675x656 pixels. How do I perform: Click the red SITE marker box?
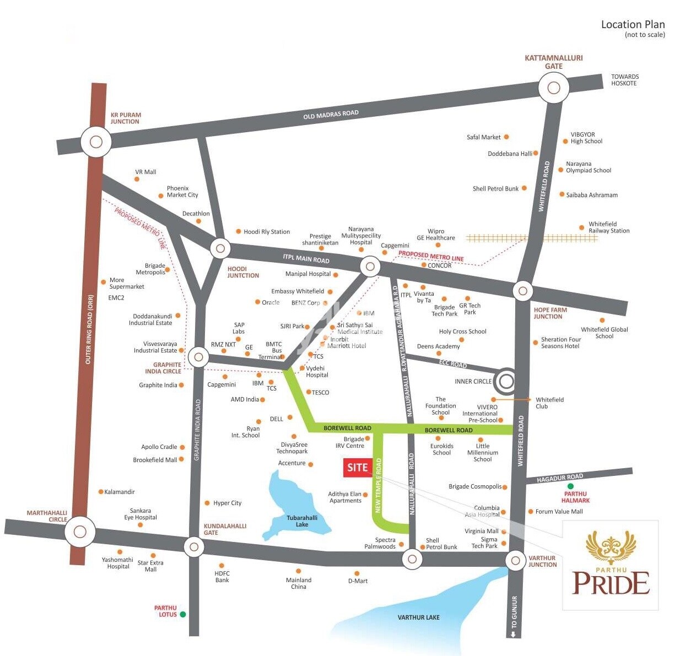[x=357, y=468]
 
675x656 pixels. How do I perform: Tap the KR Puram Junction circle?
[x=96, y=142]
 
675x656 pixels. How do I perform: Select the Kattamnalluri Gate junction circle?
[x=553, y=88]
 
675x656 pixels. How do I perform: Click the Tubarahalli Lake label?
[x=302, y=521]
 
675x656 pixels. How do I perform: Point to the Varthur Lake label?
[x=418, y=617]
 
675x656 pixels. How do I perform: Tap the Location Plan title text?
[x=633, y=24]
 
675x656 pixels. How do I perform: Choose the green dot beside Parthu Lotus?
[x=183, y=614]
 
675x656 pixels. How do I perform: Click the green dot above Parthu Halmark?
[x=570, y=486]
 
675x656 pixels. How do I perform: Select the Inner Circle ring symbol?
[x=505, y=381]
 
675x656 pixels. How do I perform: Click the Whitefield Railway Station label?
[x=608, y=227]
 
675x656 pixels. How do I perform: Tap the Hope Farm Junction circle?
[x=522, y=290]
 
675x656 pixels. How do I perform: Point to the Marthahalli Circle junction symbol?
[x=80, y=532]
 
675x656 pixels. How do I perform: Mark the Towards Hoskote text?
[x=624, y=80]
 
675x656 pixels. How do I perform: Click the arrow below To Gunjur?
[x=514, y=635]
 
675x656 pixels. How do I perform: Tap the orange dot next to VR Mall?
[x=137, y=179]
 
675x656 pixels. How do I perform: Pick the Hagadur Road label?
[x=559, y=478]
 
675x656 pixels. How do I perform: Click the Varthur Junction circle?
[x=515, y=561]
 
